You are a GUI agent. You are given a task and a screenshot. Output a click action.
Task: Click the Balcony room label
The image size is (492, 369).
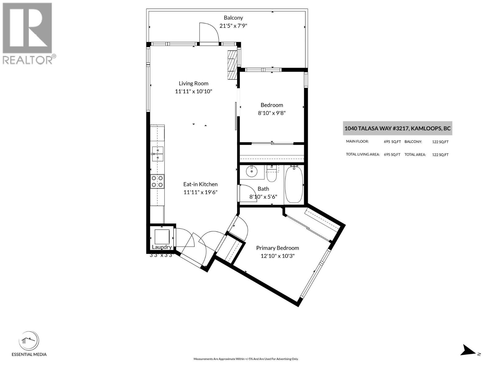point(233,18)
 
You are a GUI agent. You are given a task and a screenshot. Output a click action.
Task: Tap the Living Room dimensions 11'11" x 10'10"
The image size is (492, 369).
point(193,91)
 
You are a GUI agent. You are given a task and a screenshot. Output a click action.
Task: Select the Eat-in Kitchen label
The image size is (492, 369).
point(200,184)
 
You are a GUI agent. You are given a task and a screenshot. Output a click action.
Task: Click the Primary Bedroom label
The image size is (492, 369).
point(277,248)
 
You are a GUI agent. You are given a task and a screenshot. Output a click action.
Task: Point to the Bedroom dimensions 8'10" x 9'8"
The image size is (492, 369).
point(272,113)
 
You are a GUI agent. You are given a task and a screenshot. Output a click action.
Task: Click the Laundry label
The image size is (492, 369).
point(162,247)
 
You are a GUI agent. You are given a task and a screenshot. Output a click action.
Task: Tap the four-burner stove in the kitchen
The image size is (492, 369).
point(157,181)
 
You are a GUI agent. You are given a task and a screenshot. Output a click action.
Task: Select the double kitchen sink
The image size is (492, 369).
point(157,154)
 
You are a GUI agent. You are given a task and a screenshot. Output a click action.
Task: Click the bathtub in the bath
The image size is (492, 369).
point(294,184)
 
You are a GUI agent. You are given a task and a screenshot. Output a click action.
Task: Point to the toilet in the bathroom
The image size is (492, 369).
point(272,174)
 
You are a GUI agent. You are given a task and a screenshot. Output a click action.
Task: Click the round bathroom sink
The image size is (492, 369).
point(252,172)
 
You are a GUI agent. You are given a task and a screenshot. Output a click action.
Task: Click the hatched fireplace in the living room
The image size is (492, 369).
point(232,65)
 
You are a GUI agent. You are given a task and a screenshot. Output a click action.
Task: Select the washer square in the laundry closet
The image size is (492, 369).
point(162,236)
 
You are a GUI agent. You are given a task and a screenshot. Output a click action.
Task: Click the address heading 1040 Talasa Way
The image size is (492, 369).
point(397,128)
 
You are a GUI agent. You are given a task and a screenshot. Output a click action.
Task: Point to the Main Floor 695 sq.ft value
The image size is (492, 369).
point(392,142)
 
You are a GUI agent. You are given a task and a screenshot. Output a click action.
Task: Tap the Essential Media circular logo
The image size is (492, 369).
point(29,341)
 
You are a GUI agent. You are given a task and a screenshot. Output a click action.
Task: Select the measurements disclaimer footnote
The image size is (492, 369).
point(246,359)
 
